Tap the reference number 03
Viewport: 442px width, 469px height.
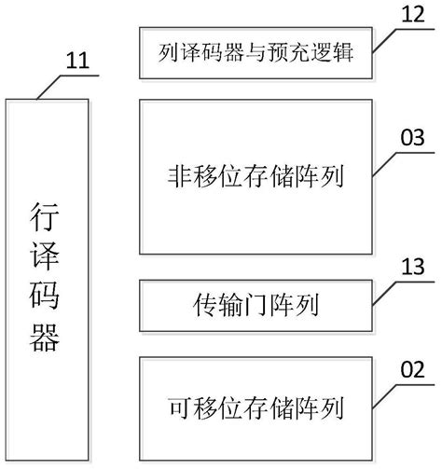pyautogui.click(x=411, y=138)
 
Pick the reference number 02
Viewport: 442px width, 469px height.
pyautogui.click(x=411, y=368)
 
